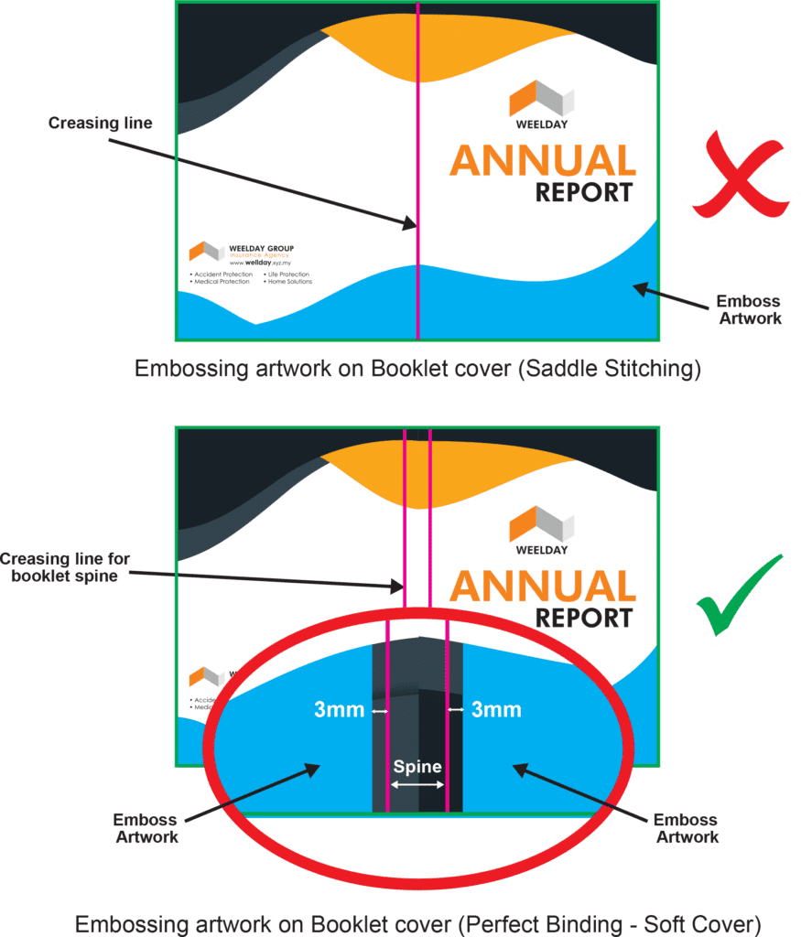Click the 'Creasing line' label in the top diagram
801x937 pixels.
point(100,123)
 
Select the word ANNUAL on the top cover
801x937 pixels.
point(542,161)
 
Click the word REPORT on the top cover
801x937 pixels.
point(583,193)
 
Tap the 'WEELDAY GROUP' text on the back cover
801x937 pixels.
point(261,249)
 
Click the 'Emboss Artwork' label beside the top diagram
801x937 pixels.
point(749,310)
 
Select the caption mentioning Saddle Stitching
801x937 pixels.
point(417,370)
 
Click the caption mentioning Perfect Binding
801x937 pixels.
point(417,923)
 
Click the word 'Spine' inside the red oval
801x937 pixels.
point(417,767)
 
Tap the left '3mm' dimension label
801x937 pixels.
point(340,710)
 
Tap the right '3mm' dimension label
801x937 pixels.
point(496,710)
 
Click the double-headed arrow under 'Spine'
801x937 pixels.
point(417,785)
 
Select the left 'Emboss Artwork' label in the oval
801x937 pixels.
point(147,827)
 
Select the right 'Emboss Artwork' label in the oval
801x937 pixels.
point(687,827)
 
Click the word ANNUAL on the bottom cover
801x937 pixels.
point(542,587)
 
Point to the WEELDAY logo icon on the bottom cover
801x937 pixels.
point(541,523)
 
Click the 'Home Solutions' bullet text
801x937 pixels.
point(289,282)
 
